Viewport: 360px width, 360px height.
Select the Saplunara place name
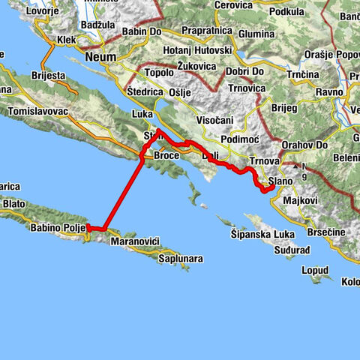pos(180,259)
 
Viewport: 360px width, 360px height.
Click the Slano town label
pos(280,181)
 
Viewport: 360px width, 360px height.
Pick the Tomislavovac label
pos(37,112)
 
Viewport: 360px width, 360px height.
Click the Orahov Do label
pos(301,144)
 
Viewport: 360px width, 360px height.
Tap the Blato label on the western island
pos(14,202)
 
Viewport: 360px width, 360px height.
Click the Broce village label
pos(166,155)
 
